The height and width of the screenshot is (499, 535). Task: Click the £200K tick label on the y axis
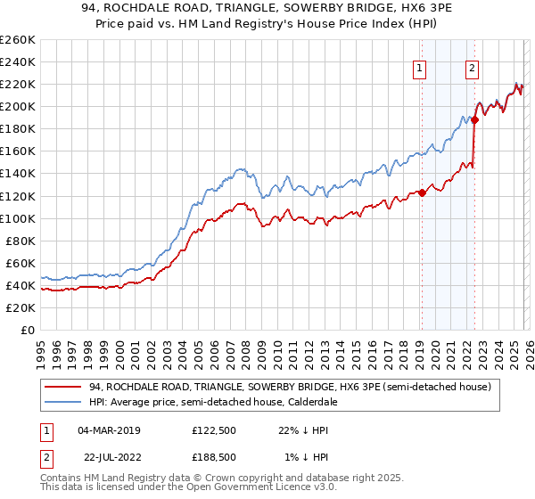(18, 106)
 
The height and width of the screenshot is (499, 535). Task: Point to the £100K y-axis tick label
(18, 218)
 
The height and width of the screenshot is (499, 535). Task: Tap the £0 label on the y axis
(29, 330)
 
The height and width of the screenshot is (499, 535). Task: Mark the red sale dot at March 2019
(422, 192)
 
